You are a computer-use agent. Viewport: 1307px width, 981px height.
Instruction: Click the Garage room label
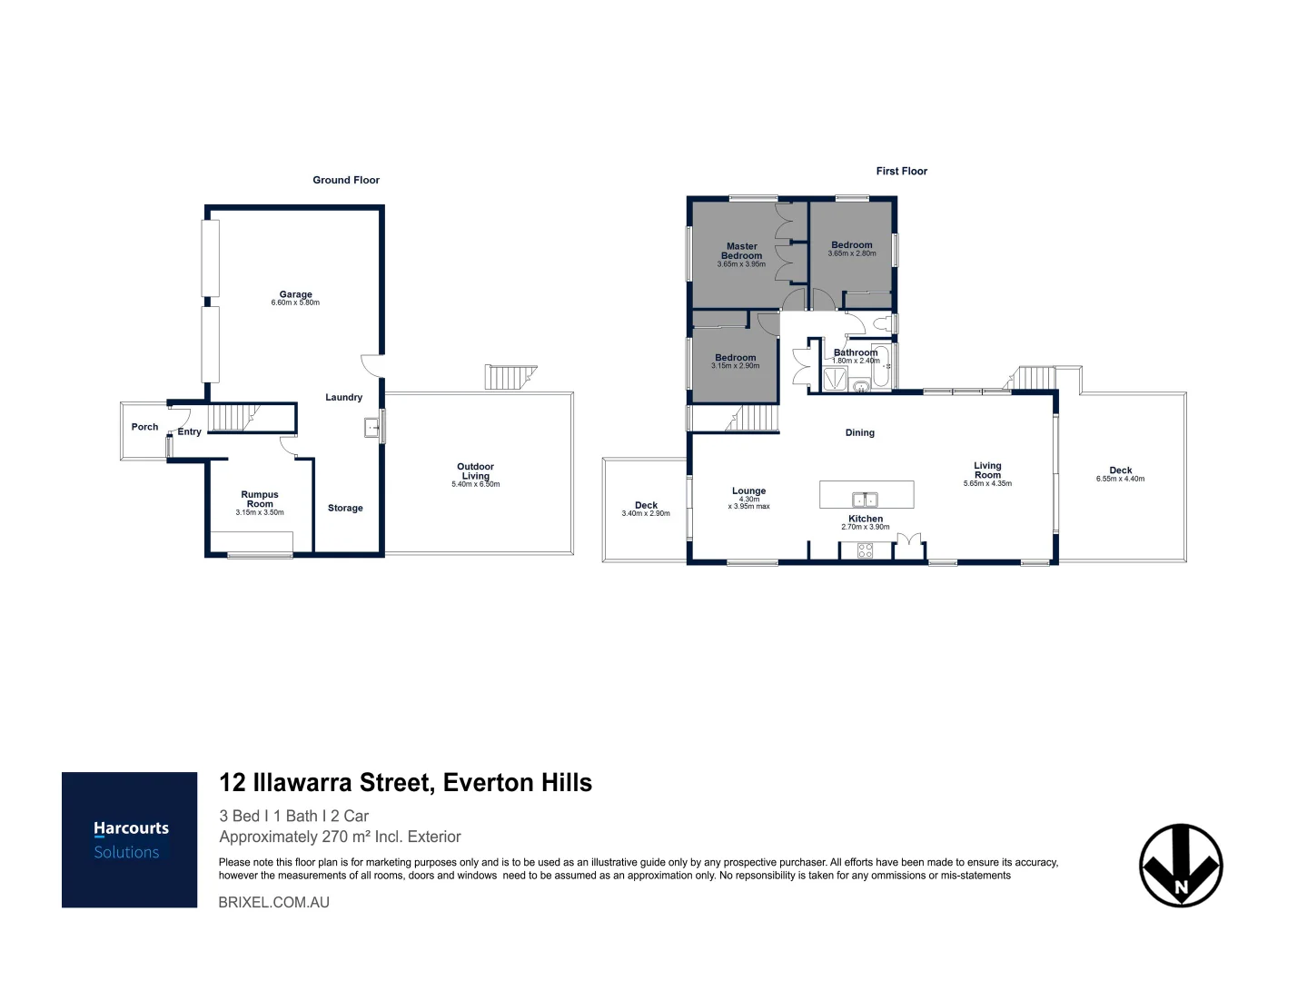[295, 294]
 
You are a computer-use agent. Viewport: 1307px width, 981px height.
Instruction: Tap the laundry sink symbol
[371, 427]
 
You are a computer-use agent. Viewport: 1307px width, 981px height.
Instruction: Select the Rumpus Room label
[260, 500]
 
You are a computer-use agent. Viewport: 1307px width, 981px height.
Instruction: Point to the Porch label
[144, 427]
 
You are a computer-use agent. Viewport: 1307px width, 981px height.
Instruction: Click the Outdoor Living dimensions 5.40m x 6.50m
[475, 485]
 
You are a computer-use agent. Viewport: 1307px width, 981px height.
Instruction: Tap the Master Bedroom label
[741, 251]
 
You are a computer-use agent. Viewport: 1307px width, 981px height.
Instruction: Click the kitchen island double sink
[866, 499]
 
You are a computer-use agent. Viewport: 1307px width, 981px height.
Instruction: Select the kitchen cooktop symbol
[865, 550]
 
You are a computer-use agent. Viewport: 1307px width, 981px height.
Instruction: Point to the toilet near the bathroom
[881, 324]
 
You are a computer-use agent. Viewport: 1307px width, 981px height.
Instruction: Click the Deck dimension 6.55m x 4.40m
[1120, 479]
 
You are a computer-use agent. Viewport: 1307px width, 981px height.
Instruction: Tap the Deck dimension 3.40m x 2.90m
[646, 514]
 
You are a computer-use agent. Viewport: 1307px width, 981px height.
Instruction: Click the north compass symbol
[1181, 866]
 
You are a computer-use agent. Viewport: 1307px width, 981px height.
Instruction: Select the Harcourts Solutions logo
[130, 839]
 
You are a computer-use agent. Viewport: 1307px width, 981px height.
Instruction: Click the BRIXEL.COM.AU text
[273, 903]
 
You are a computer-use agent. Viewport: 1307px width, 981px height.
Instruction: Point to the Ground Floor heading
[346, 180]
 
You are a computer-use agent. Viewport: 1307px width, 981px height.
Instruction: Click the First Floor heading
[901, 171]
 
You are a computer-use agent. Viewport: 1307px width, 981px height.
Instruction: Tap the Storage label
[345, 508]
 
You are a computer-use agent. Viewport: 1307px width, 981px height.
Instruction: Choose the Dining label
[859, 432]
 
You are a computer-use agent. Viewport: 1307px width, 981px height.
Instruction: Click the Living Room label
[987, 471]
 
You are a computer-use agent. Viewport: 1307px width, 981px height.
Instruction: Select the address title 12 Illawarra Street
[405, 783]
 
